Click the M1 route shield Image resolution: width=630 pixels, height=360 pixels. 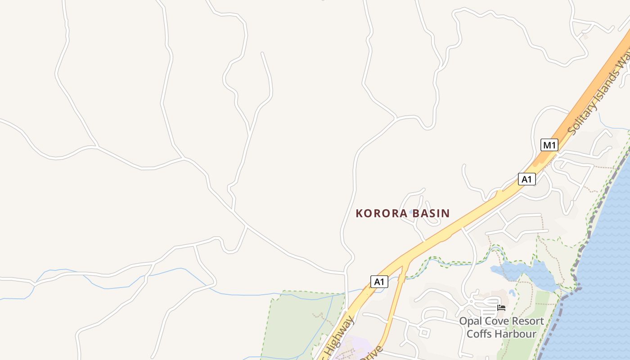point(549,145)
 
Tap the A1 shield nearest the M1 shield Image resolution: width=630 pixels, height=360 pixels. point(526,179)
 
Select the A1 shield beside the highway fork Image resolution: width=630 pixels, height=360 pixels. point(379,282)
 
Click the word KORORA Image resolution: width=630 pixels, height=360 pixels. point(381,213)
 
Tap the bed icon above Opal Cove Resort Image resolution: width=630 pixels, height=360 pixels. point(501,308)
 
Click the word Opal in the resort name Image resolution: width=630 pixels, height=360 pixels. point(469,322)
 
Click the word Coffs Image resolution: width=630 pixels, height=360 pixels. point(480,334)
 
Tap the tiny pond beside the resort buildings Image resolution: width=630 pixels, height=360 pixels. point(512,292)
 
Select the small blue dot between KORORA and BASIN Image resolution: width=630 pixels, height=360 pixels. point(411,212)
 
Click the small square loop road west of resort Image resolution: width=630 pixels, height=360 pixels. point(424,333)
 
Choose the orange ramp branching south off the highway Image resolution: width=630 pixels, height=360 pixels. point(396,297)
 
